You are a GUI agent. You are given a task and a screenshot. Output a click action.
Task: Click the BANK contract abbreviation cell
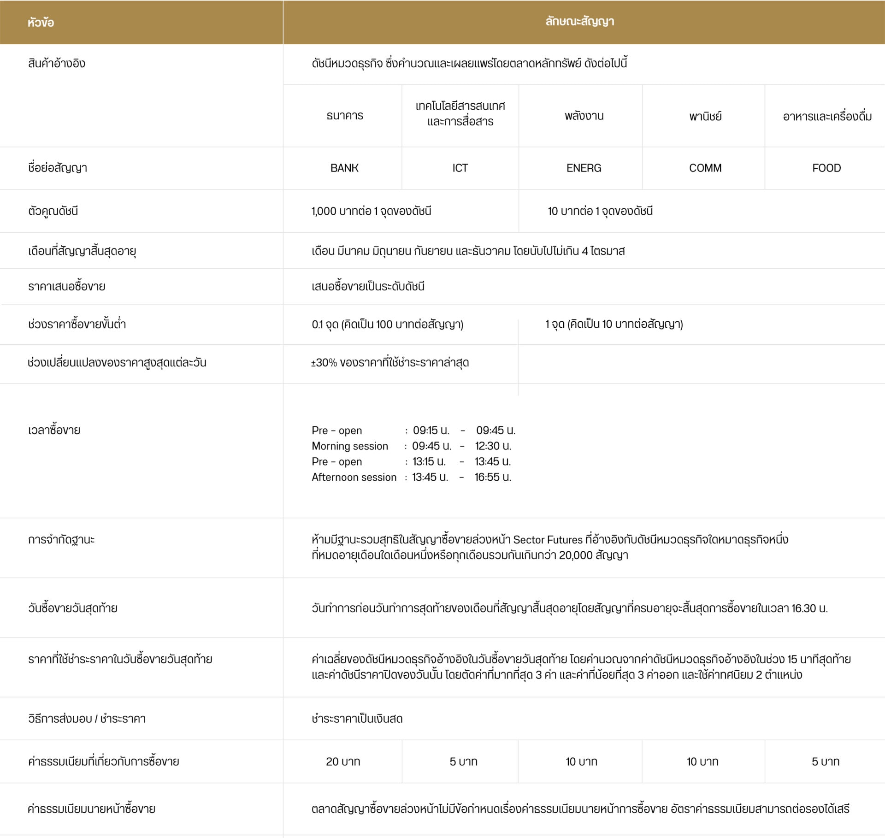coord(344,168)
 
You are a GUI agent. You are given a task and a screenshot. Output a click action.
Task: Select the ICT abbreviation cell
coord(460,168)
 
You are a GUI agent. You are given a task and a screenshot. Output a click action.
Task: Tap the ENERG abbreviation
coord(584,168)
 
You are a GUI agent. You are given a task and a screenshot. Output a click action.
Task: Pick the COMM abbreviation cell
coord(705,168)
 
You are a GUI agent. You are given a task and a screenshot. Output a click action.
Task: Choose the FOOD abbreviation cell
coord(826,168)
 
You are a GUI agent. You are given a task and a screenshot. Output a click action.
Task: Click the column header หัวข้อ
coord(41,22)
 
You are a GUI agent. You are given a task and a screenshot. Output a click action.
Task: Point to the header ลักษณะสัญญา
coord(579,22)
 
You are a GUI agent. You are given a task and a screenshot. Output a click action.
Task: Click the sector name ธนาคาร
coord(345,116)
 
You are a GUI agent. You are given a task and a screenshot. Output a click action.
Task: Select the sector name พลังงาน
coord(584,116)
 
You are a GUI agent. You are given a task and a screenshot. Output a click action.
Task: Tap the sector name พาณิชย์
coord(705,116)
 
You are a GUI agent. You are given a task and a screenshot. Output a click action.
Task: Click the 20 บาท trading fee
coord(343,761)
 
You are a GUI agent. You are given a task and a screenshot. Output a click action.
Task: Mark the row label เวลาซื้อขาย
coord(54,430)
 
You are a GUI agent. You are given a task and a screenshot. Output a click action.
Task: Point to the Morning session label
coord(350,446)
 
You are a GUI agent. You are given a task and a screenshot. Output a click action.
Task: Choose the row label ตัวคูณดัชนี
coord(53,211)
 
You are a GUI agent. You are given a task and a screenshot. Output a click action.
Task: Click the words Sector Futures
coord(548,540)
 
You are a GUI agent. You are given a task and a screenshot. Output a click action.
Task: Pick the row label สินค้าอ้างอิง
coord(57,63)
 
